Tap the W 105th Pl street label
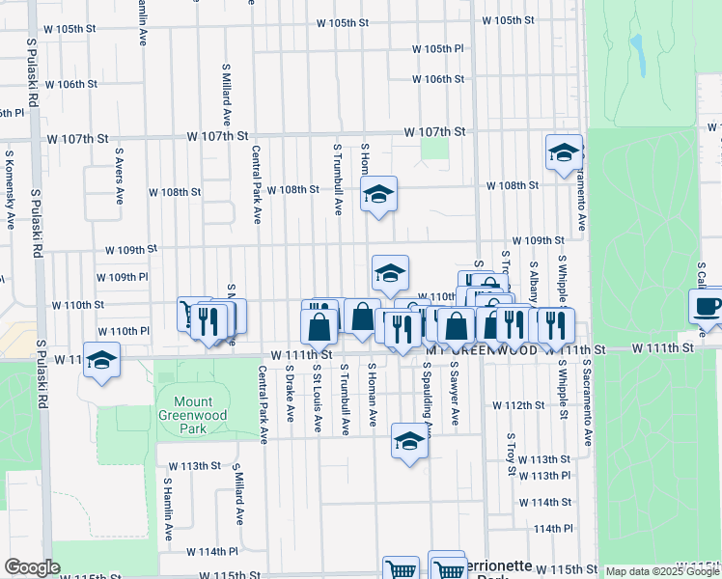[437, 48]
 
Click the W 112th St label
[519, 404]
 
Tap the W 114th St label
[545, 503]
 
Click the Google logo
[32, 567]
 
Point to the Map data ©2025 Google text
[662, 571]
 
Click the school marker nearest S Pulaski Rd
[101, 360]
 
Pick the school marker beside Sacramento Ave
[564, 152]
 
